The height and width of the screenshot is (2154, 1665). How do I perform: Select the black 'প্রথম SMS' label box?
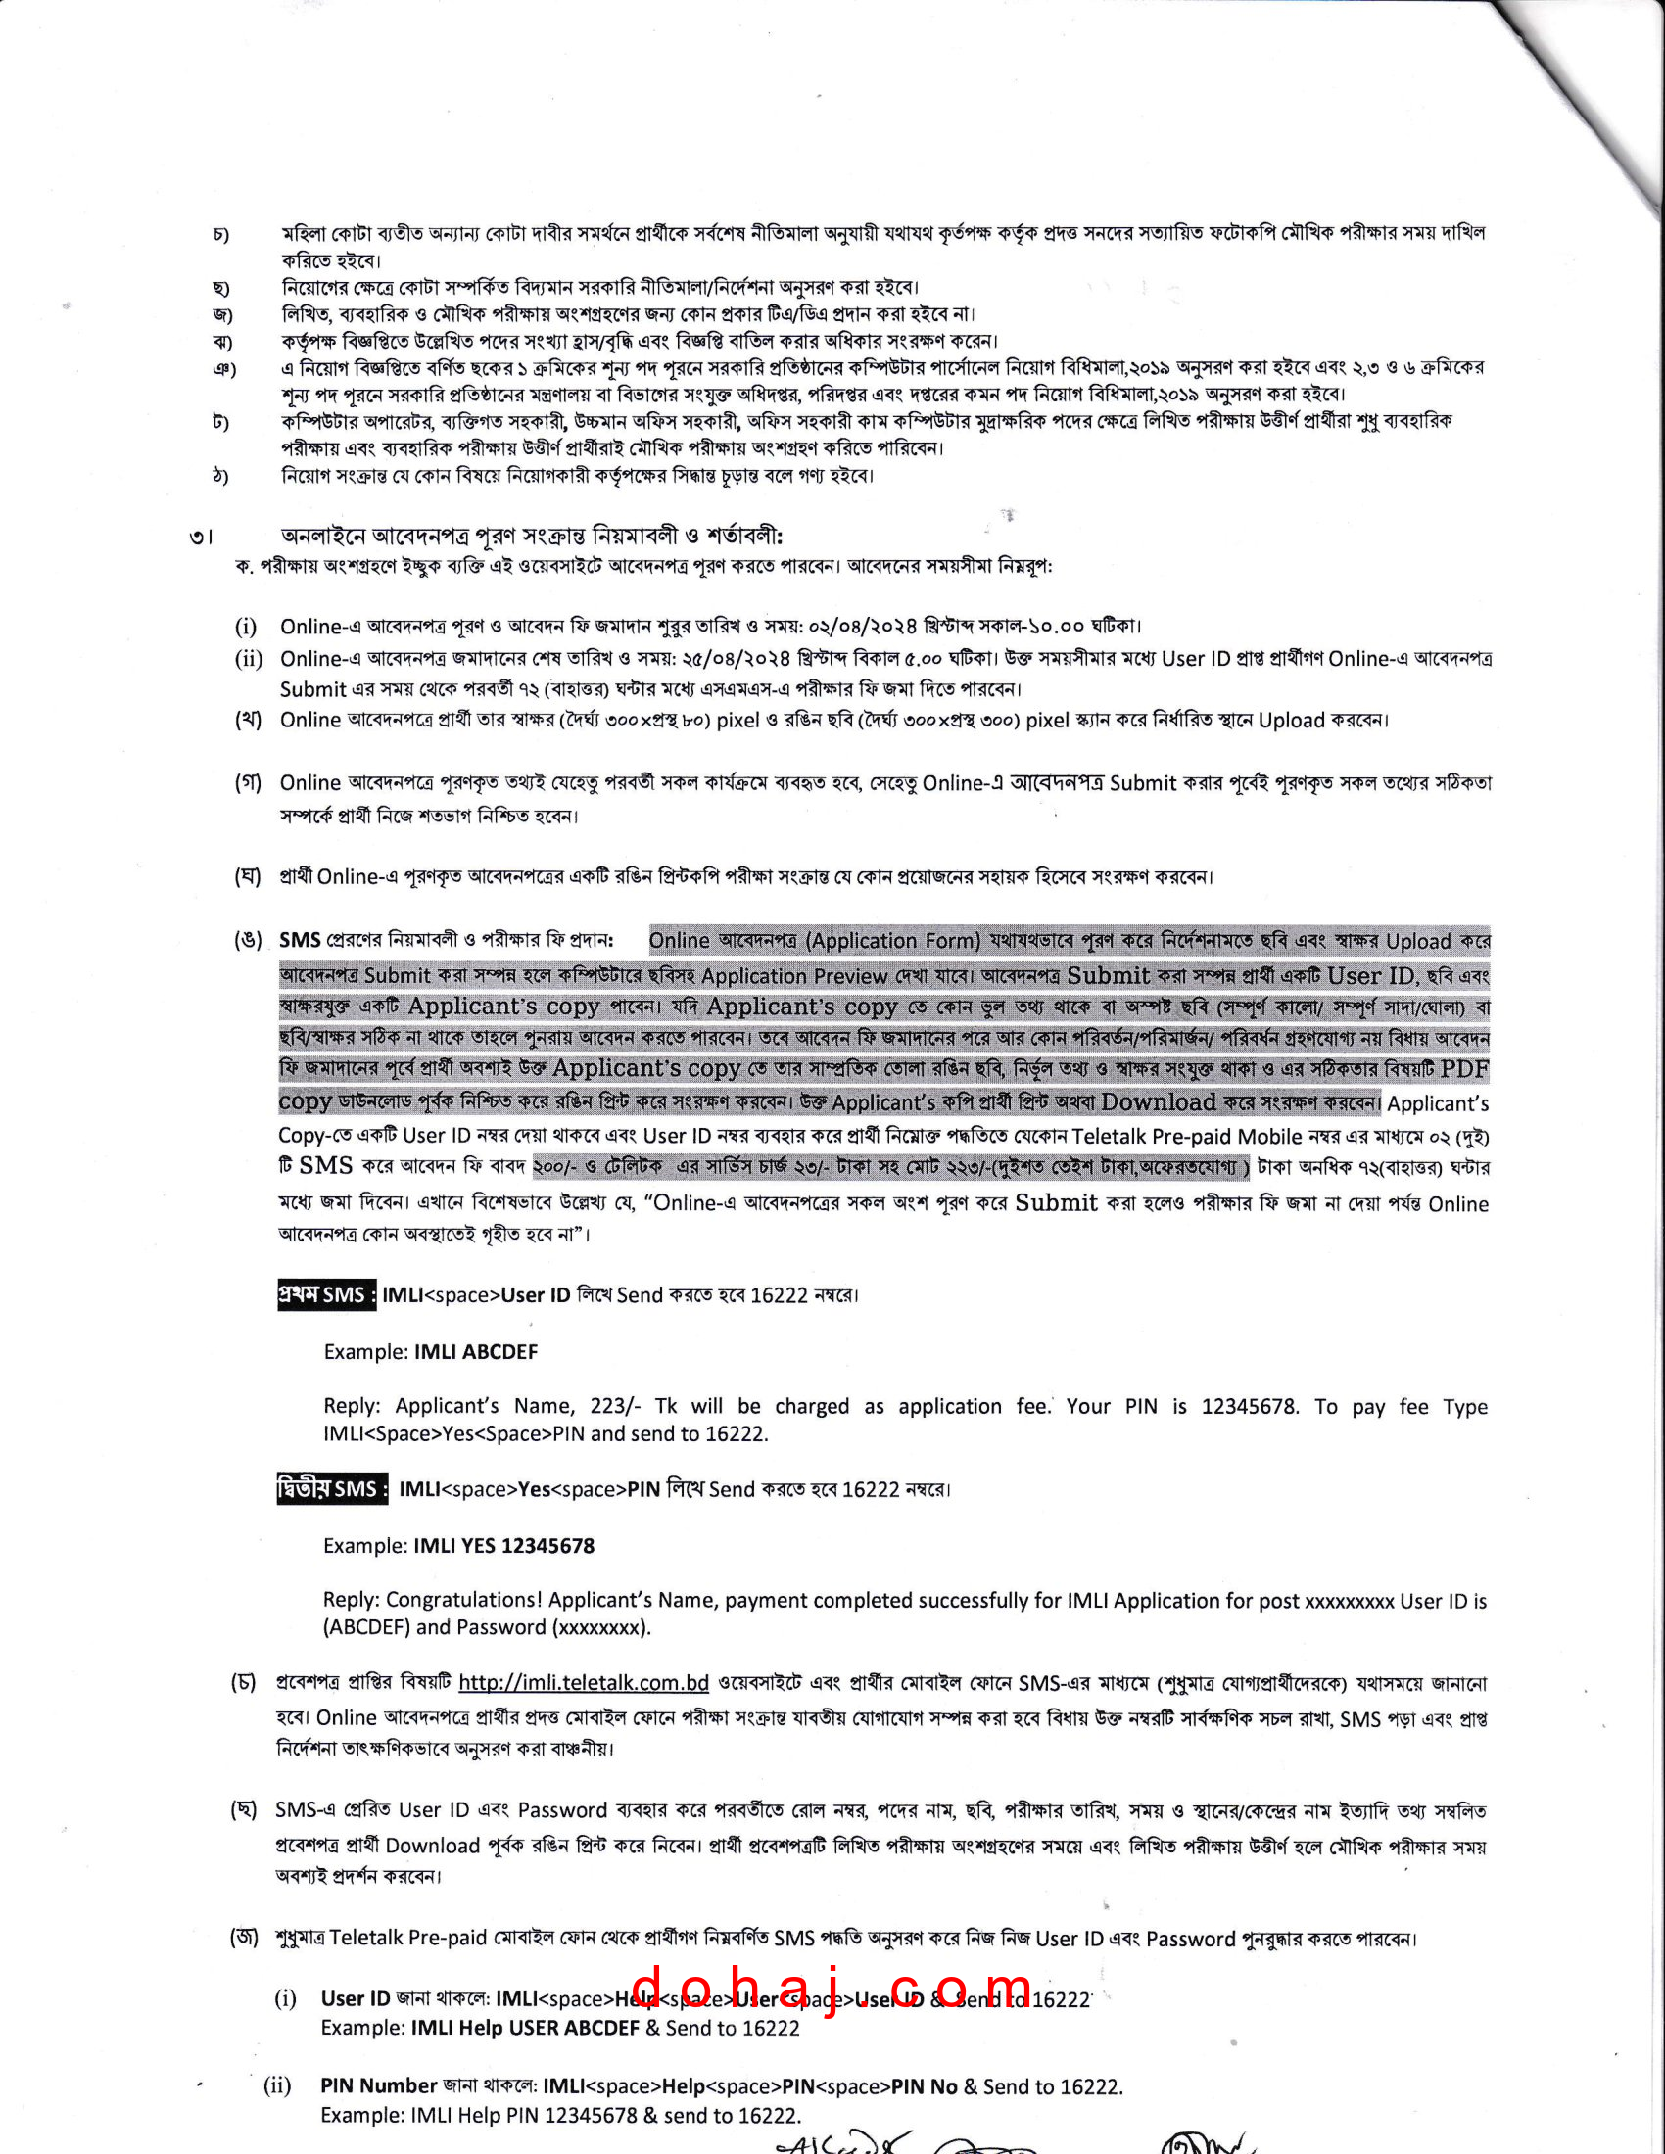[x=326, y=1295]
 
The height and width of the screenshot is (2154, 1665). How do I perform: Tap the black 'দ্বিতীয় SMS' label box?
[x=332, y=1488]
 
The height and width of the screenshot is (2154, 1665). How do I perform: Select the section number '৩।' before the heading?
[x=201, y=538]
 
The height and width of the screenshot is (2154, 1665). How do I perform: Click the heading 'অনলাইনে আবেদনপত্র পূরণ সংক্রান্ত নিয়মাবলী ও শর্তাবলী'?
[x=532, y=536]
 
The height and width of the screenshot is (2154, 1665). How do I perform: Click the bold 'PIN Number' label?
[x=379, y=2085]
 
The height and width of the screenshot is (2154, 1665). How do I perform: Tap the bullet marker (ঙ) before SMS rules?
[x=248, y=940]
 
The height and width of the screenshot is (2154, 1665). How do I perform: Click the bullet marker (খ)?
[x=248, y=720]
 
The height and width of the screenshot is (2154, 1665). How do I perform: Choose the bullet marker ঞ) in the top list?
[x=224, y=369]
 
